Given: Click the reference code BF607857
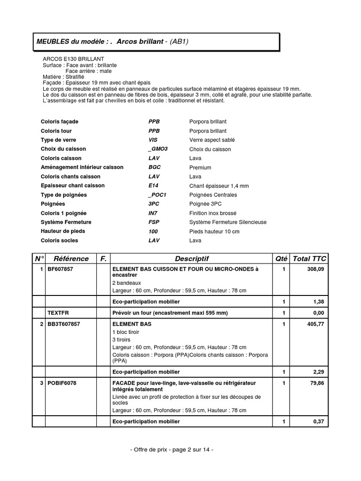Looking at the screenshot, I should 60,269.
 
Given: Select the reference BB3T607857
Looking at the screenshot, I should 63,324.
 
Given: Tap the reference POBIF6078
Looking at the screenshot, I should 62,383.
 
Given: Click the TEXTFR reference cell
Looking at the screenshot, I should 58,312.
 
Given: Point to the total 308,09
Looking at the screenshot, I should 315,269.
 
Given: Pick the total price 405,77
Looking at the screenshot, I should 315,324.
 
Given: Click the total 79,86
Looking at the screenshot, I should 317,383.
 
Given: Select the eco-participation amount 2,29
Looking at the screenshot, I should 318,372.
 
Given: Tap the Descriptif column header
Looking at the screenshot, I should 192,258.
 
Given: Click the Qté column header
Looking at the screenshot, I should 281,258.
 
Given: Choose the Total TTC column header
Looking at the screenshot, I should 309,258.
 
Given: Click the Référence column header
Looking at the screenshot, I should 71,258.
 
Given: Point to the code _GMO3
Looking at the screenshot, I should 157,149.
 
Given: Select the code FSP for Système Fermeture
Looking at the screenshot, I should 153,222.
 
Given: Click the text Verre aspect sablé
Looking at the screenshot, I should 212,140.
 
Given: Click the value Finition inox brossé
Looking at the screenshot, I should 212,213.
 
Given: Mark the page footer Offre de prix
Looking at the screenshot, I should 172,450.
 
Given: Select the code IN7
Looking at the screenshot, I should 153,213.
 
